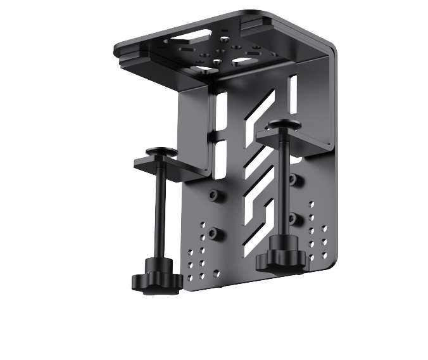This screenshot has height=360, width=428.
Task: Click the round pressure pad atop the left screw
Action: coord(161,151)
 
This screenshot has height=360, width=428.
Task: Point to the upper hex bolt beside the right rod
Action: coord(292,179)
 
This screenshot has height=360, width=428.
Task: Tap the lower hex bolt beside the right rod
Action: coord(293,219)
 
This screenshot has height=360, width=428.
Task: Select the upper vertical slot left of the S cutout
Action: coord(221,111)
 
